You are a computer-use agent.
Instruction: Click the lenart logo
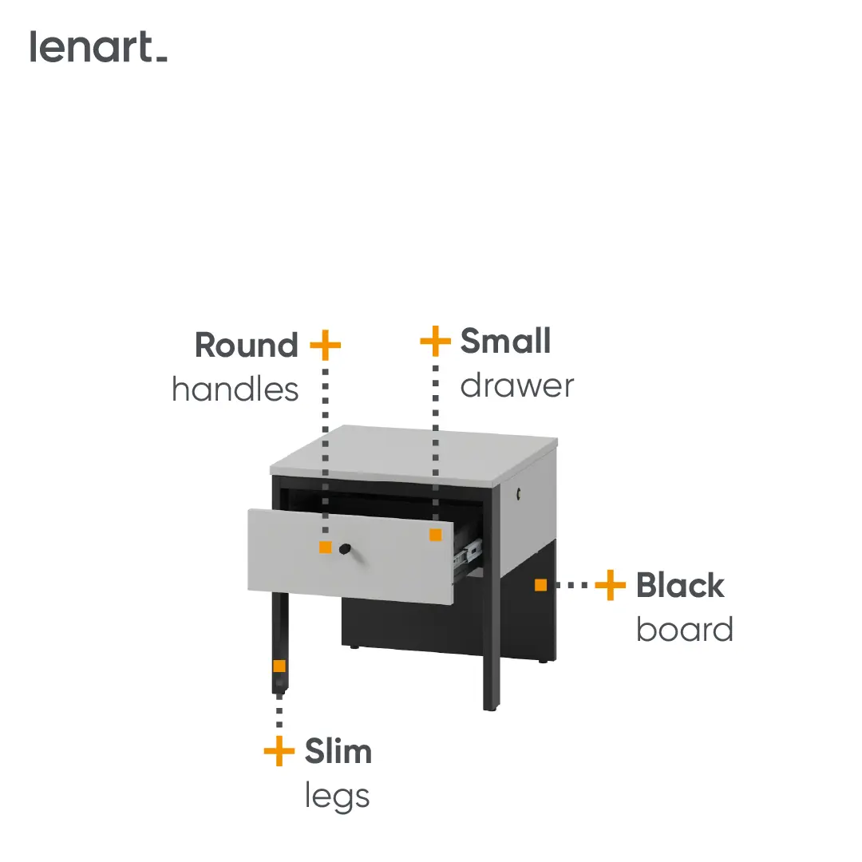(x=98, y=47)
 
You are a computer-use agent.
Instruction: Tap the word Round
(x=247, y=346)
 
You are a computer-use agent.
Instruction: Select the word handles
(x=235, y=389)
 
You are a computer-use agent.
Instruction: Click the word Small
(x=505, y=341)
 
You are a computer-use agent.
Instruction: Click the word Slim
(x=338, y=751)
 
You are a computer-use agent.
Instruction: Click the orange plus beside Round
(x=326, y=346)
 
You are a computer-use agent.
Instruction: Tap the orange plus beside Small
(x=436, y=341)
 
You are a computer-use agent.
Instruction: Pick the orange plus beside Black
(x=611, y=585)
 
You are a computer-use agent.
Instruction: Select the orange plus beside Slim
(x=279, y=751)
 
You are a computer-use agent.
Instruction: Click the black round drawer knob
(x=345, y=548)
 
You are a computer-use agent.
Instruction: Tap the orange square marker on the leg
(x=279, y=666)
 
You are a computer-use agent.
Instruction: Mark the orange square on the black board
(x=541, y=585)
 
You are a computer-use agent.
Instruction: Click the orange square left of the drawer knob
(x=326, y=548)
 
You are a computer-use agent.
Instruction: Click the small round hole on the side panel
(x=519, y=494)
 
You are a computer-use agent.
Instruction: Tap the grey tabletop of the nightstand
(x=413, y=454)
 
